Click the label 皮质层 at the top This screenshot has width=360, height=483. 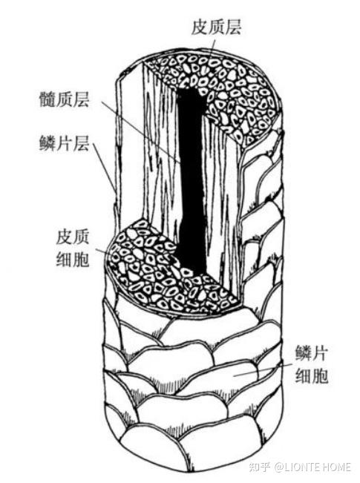coord(216,27)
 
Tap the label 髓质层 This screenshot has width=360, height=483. coord(64,99)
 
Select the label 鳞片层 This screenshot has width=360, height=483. coord(64,143)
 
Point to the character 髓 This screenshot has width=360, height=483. coord(48,99)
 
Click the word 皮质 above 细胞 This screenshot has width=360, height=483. coord(73,237)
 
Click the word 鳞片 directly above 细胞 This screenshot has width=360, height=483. coord(311,353)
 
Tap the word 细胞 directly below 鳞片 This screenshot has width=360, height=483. coord(311,375)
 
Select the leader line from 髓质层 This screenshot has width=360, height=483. coord(141,133)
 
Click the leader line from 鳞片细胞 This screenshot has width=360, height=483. coord(262,369)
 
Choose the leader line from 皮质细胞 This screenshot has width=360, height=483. coord(104,252)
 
